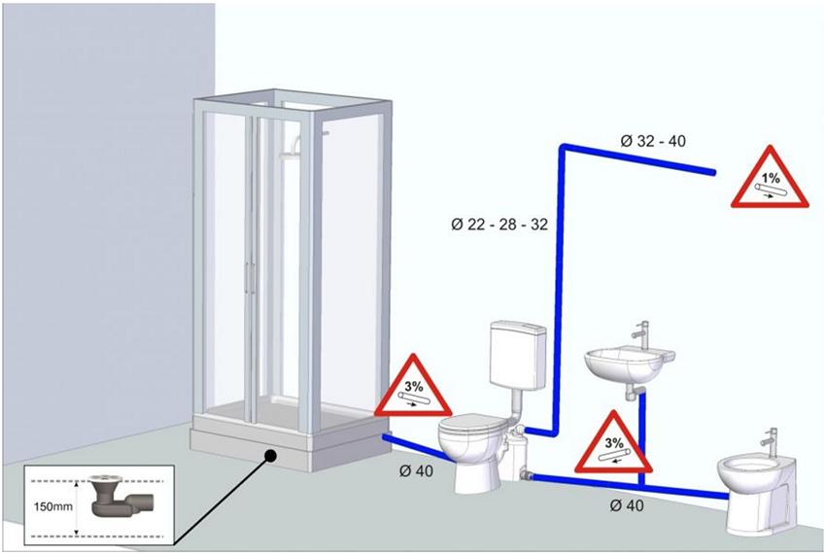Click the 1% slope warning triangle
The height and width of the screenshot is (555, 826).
(x=769, y=178)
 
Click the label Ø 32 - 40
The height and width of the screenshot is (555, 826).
(x=653, y=141)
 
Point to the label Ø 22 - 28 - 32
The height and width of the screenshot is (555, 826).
(x=499, y=225)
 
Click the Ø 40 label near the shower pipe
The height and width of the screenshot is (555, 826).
(x=416, y=470)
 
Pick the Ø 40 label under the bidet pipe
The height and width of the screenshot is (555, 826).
(x=627, y=505)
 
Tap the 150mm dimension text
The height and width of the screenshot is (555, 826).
(x=53, y=507)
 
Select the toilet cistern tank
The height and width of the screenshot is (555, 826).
(x=519, y=354)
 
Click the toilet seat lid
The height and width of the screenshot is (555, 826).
(x=472, y=425)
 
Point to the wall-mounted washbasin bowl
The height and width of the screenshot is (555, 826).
(x=628, y=364)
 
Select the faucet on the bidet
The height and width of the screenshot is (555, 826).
(x=771, y=441)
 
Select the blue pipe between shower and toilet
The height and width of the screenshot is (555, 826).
(x=419, y=448)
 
